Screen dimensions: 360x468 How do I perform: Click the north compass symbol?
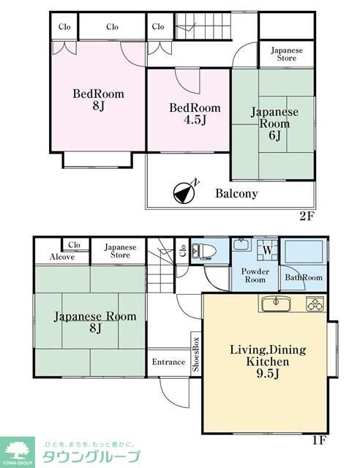click(185, 192)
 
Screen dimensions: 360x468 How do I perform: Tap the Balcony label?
click(236, 193)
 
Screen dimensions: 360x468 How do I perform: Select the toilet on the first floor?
click(204, 250)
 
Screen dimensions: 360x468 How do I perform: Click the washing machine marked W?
click(268, 250)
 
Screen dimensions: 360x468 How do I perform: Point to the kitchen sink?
click(276, 304)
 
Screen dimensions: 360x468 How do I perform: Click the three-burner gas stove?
click(315, 304)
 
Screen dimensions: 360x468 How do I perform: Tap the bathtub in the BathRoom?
click(304, 252)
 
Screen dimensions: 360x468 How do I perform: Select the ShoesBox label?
click(196, 354)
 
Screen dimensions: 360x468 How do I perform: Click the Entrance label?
click(168, 362)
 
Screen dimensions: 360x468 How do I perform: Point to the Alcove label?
click(62, 257)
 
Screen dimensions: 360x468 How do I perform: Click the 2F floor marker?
click(307, 216)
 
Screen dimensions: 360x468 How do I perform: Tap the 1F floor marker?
click(320, 440)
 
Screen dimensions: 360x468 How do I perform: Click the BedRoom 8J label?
click(98, 99)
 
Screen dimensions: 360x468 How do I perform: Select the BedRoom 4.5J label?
click(195, 113)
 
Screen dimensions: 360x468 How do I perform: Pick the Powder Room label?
click(255, 276)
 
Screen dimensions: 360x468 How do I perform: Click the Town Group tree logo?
click(17, 452)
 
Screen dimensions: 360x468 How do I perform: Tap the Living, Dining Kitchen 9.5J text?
click(268, 361)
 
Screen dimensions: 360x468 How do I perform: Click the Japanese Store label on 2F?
click(287, 54)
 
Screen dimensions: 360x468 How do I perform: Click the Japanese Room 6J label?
click(274, 124)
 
